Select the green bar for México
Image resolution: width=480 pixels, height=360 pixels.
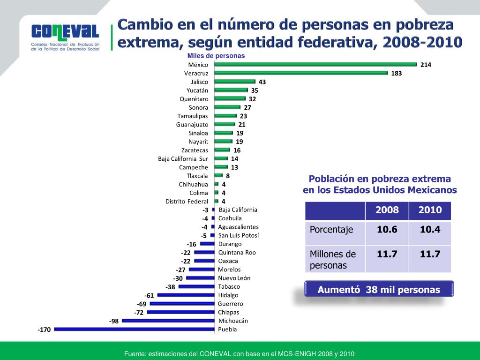[316, 65]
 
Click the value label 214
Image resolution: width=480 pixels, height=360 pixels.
[426, 65]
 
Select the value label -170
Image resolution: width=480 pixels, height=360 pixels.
[44, 330]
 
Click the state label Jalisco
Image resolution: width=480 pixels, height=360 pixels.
[199, 82]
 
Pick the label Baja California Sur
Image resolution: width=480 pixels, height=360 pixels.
[183, 159]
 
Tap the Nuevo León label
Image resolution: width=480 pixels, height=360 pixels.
[234, 278]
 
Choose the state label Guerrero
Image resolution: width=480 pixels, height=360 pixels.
[230, 304]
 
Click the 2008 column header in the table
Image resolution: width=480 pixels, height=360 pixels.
[387, 210]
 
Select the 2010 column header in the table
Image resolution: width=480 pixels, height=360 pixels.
[430, 210]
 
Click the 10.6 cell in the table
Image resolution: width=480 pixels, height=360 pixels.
[387, 229]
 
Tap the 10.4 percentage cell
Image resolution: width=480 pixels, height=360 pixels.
[430, 229]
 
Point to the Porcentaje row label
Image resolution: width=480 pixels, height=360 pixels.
[331, 230]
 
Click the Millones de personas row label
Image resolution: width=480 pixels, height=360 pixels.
[333, 260]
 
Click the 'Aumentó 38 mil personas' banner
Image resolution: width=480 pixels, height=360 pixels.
[379, 290]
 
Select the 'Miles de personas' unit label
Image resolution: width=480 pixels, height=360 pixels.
[216, 56]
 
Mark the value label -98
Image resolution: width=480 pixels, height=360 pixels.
[114, 322]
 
